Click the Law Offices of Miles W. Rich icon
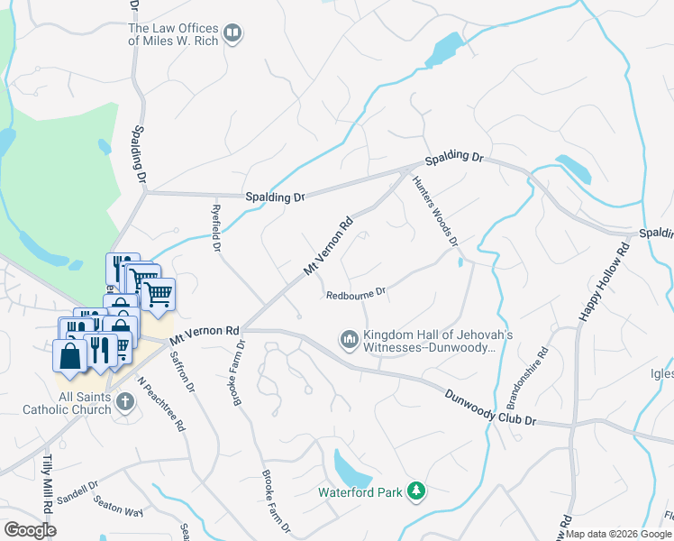pyautogui.click(x=233, y=34)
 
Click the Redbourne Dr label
pyautogui.click(x=356, y=293)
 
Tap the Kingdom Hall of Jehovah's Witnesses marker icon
pyautogui.click(x=349, y=340)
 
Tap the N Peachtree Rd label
pyautogui.click(x=161, y=402)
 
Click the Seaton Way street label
pyautogui.click(x=120, y=511)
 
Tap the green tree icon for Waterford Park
pyautogui.click(x=416, y=491)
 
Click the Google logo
pyautogui.click(x=31, y=529)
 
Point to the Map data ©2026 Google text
pyautogui.click(x=618, y=534)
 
